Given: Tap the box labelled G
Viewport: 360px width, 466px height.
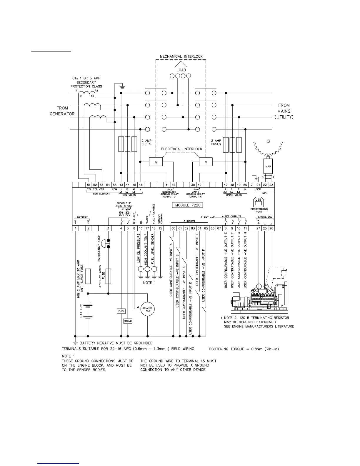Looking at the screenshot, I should [156, 162].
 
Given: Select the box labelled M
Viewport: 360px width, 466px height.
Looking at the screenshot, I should [206, 162].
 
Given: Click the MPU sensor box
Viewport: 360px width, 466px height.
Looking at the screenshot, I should [268, 167].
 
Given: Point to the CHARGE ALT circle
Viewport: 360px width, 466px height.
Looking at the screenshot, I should [148, 309].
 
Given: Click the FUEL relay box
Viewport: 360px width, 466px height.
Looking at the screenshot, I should [121, 311].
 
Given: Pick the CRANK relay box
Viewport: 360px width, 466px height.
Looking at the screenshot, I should [128, 321].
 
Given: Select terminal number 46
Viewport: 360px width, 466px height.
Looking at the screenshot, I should [141, 185].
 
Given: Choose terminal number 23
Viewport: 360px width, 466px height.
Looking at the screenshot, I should [271, 185].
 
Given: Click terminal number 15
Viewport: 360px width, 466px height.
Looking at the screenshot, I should [160, 228].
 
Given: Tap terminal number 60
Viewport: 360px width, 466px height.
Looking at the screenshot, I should [173, 228].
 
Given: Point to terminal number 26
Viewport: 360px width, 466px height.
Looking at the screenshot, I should [271, 228].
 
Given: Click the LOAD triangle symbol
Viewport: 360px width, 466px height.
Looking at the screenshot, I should [181, 64].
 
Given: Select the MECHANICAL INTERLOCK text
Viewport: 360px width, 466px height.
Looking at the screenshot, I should [181, 56].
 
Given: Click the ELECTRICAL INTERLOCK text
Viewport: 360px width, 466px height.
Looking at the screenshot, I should [181, 149].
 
